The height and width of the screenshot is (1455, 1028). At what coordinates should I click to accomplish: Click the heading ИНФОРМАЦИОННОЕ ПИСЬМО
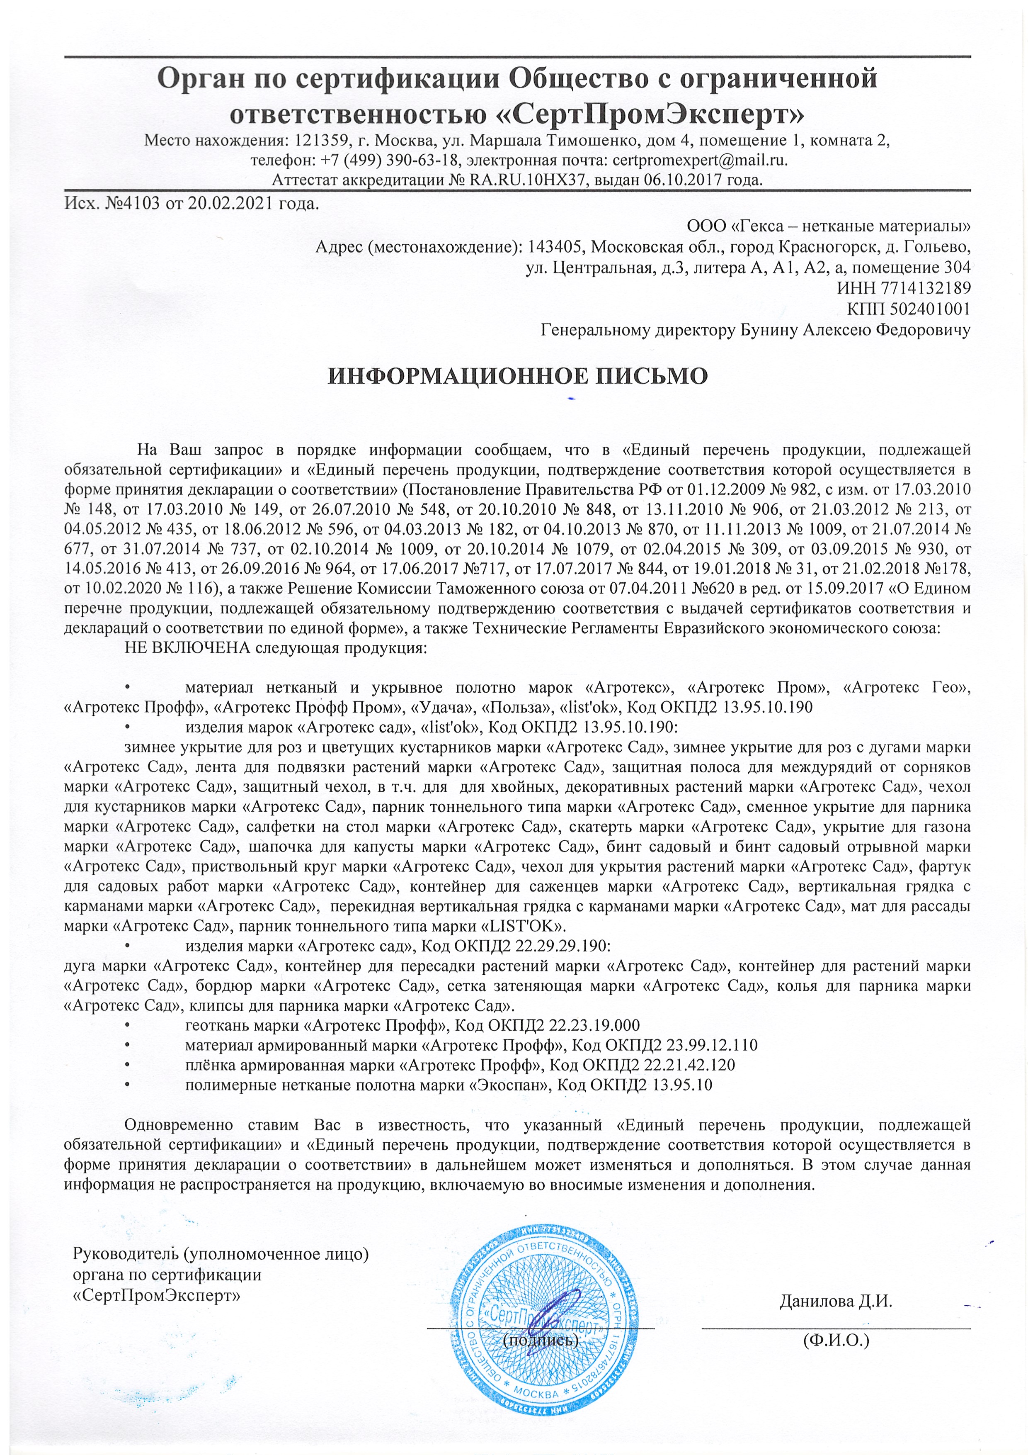517,376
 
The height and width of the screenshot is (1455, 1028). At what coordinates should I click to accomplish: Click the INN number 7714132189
925,288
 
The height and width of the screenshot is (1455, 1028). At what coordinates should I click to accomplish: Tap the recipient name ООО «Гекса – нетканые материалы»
829,226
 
